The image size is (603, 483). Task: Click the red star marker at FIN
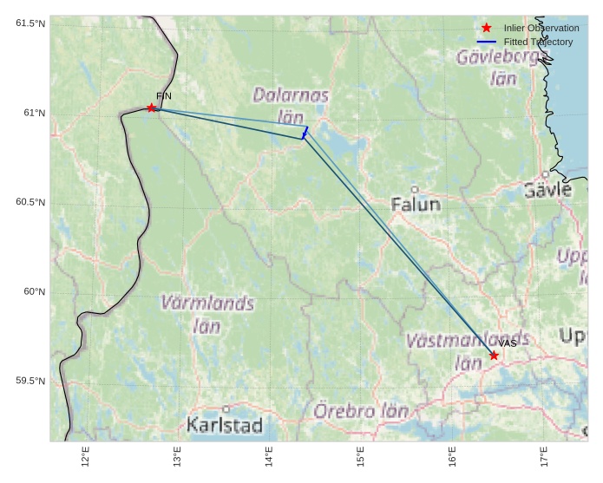(x=152, y=108)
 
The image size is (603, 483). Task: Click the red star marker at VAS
(x=494, y=355)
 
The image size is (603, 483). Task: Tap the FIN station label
(x=164, y=95)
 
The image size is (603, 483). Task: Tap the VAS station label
(x=508, y=343)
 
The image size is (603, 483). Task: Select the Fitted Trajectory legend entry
(x=538, y=42)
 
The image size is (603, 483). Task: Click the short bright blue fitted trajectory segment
(x=305, y=133)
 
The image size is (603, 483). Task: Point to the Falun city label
(x=416, y=205)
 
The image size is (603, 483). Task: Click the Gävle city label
(x=548, y=190)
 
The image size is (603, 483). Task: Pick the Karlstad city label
(x=224, y=425)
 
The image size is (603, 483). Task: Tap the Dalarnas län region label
(x=291, y=104)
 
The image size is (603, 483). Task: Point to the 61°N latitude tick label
(x=34, y=113)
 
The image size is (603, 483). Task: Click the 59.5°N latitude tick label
(x=30, y=381)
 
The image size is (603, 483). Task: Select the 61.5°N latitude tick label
(x=30, y=23)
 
